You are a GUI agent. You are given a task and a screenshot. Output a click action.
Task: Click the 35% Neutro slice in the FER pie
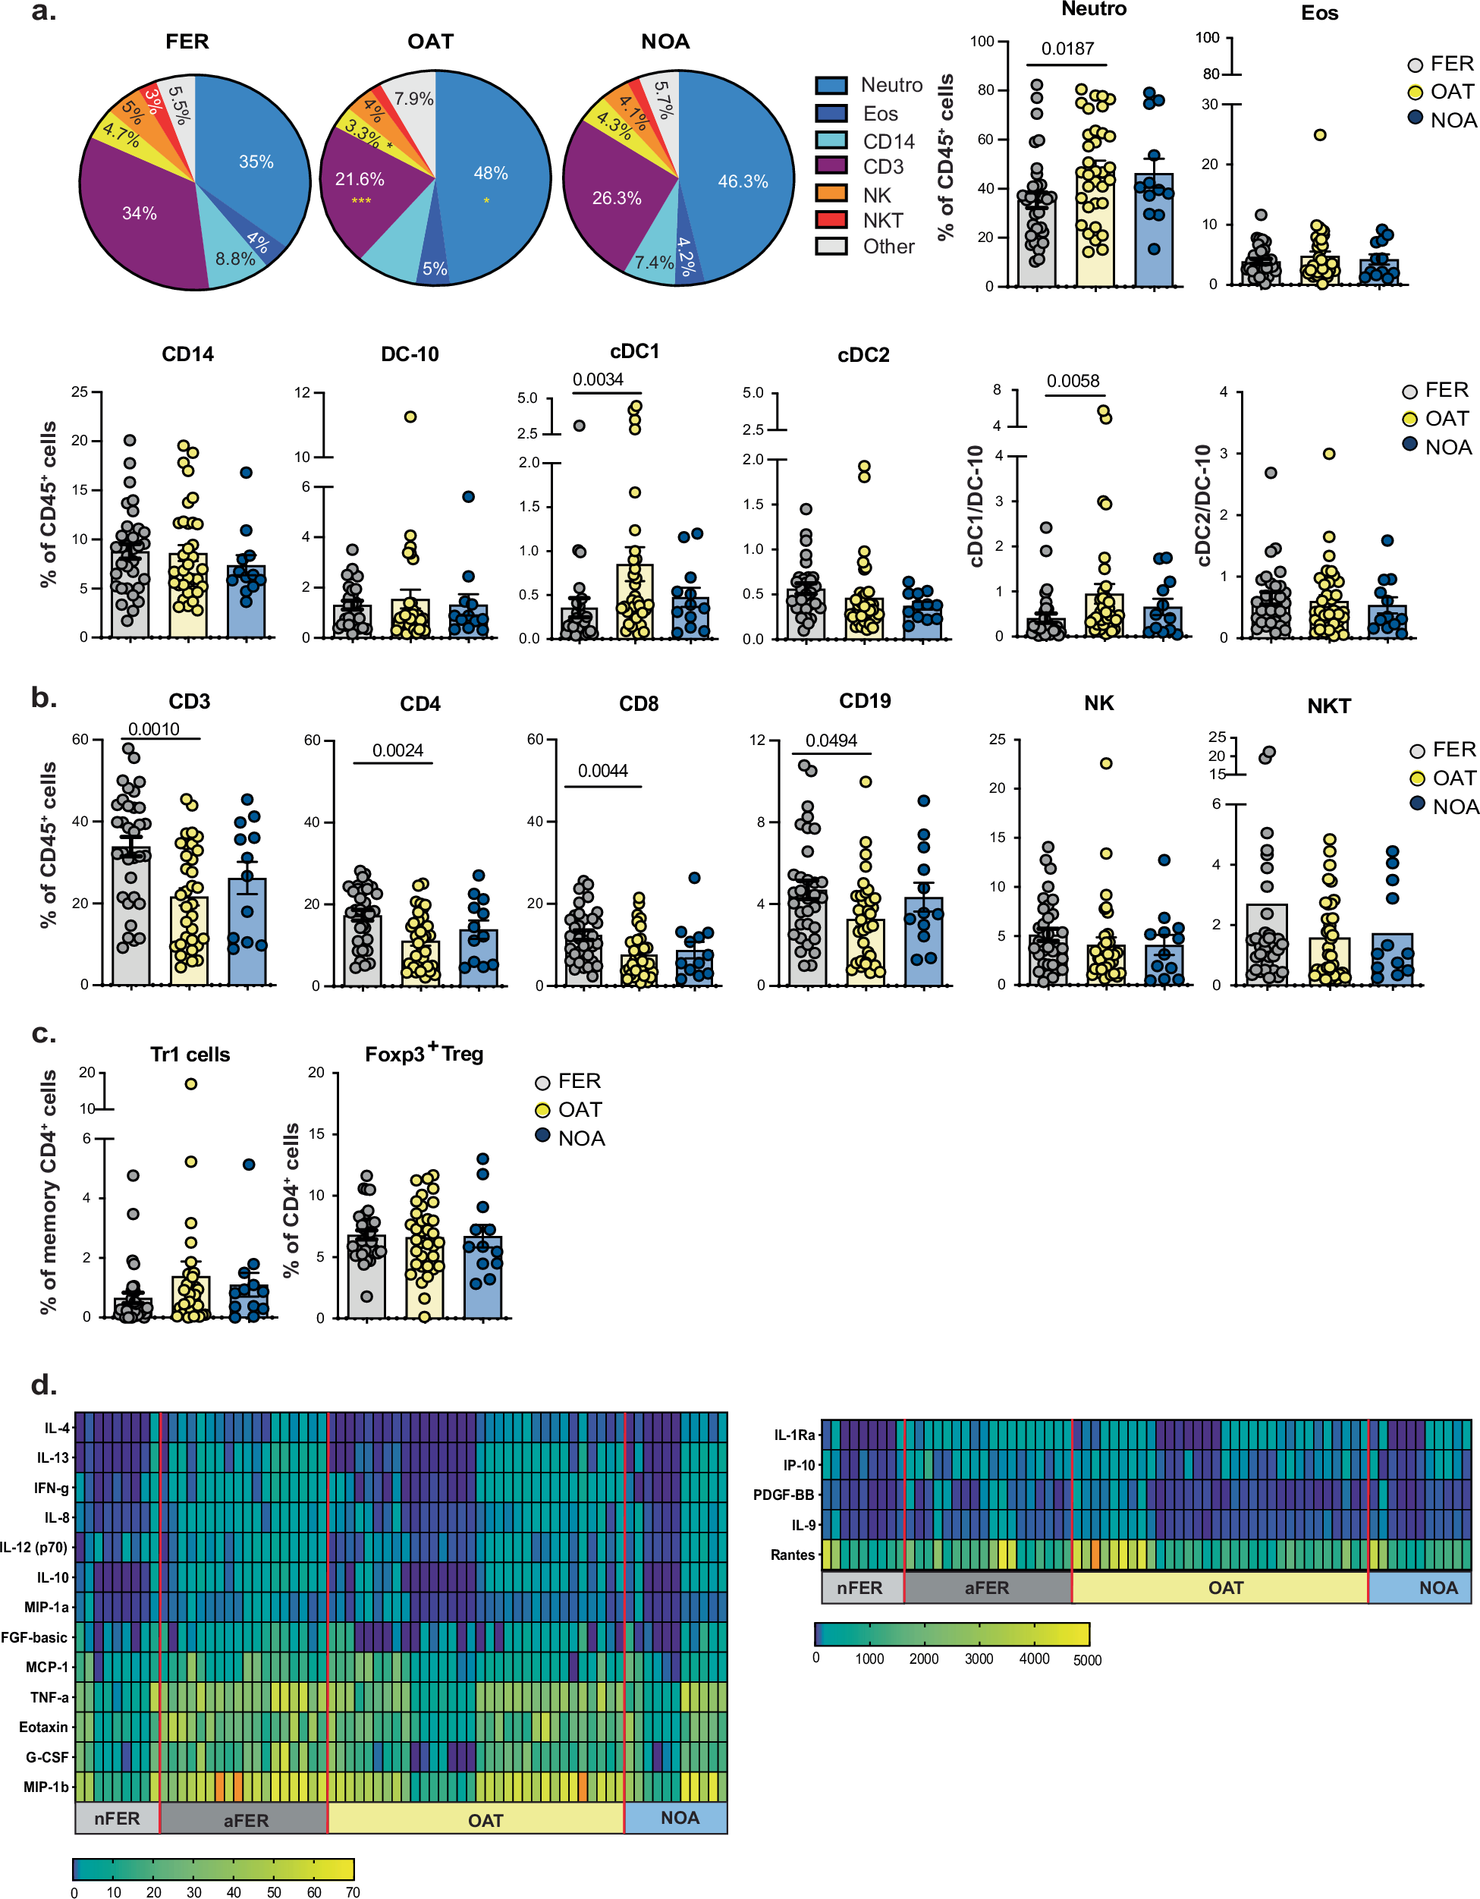coord(256,162)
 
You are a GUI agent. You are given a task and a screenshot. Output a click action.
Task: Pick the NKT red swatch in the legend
coord(831,219)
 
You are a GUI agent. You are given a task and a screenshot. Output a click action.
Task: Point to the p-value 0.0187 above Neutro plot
coord(1067,49)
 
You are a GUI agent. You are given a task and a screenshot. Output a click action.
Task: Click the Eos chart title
coord(1318,13)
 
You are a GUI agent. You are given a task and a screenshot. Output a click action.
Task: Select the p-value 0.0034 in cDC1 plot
coord(598,380)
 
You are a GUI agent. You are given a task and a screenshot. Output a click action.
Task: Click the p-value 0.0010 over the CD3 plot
coord(154,728)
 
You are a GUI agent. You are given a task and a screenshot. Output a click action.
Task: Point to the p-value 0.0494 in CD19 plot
coord(831,740)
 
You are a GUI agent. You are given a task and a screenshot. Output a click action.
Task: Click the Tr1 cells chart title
coord(190,1054)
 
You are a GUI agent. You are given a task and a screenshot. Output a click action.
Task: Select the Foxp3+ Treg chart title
coord(423,1053)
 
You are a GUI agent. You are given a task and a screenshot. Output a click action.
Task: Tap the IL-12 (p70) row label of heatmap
coord(33,1547)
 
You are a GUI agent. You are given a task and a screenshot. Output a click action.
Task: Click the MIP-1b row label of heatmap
coord(46,1787)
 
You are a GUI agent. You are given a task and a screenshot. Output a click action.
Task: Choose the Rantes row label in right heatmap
coord(792,1555)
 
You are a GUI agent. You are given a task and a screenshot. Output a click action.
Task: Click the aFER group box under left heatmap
coord(245,1820)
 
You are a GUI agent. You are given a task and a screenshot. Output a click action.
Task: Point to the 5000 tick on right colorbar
coord(1086,1660)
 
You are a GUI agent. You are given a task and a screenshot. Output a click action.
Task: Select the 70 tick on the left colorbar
coord(352,1891)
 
